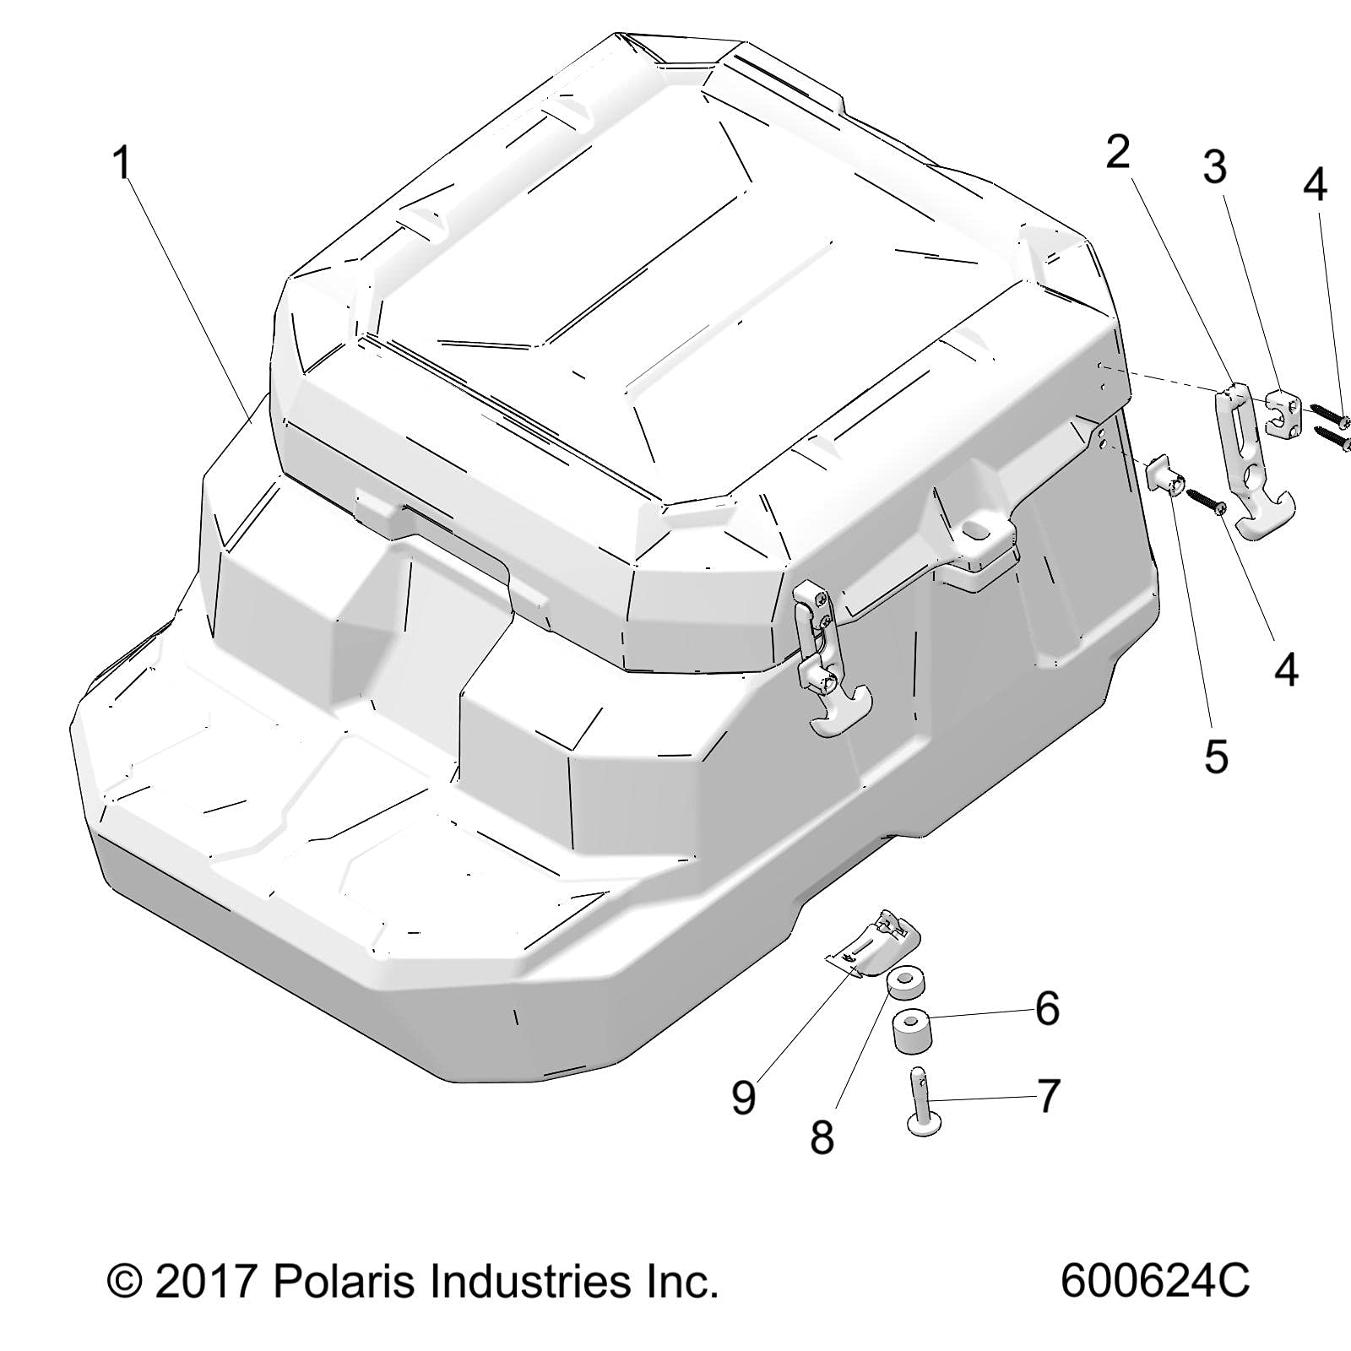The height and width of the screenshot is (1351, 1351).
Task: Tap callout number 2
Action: click(1117, 153)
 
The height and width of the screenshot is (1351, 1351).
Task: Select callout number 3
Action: click(1214, 167)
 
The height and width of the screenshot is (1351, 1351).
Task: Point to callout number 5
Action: click(1215, 757)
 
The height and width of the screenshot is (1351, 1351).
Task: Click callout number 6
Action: click(1047, 1008)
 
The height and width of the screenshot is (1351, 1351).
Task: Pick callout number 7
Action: click(1048, 1096)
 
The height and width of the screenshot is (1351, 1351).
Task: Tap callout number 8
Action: click(822, 1137)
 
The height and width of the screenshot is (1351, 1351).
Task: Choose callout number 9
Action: click(743, 1098)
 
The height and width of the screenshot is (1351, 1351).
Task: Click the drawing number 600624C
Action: click(1154, 1282)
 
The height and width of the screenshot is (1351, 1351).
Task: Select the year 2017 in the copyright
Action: click(207, 1282)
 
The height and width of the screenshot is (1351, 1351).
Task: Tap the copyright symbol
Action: click(125, 1283)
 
